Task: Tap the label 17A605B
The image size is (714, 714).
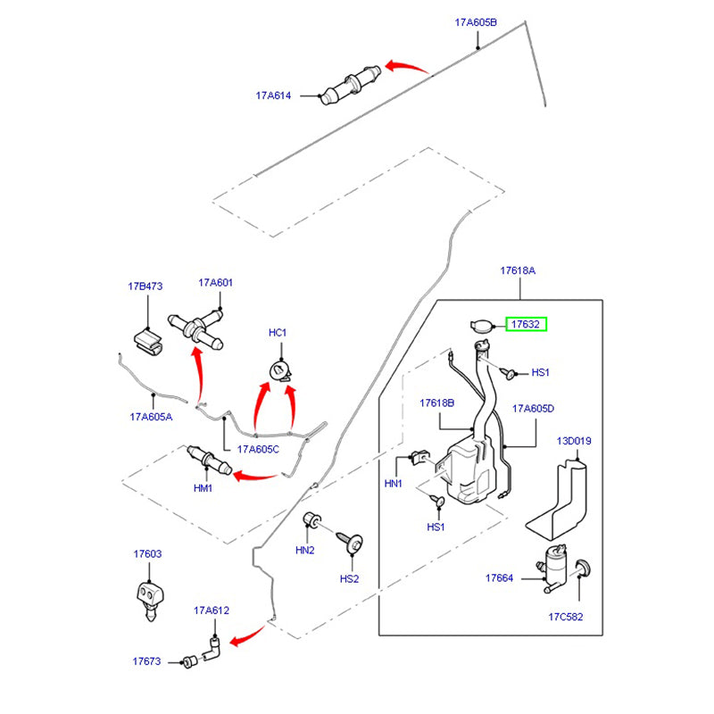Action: click(x=476, y=22)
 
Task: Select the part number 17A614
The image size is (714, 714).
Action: click(x=274, y=95)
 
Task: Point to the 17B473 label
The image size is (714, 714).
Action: click(x=145, y=287)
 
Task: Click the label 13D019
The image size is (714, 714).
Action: click(x=575, y=441)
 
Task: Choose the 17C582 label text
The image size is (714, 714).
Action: click(x=565, y=616)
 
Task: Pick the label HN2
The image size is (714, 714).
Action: click(x=305, y=550)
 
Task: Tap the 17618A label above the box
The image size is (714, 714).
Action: click(x=518, y=270)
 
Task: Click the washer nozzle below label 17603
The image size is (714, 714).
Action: click(x=148, y=595)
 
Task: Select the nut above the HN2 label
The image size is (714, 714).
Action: click(x=313, y=520)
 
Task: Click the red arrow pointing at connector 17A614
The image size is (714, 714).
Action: click(x=407, y=68)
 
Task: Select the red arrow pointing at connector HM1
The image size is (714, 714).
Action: click(x=255, y=475)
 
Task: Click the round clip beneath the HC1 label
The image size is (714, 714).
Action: click(x=279, y=370)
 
